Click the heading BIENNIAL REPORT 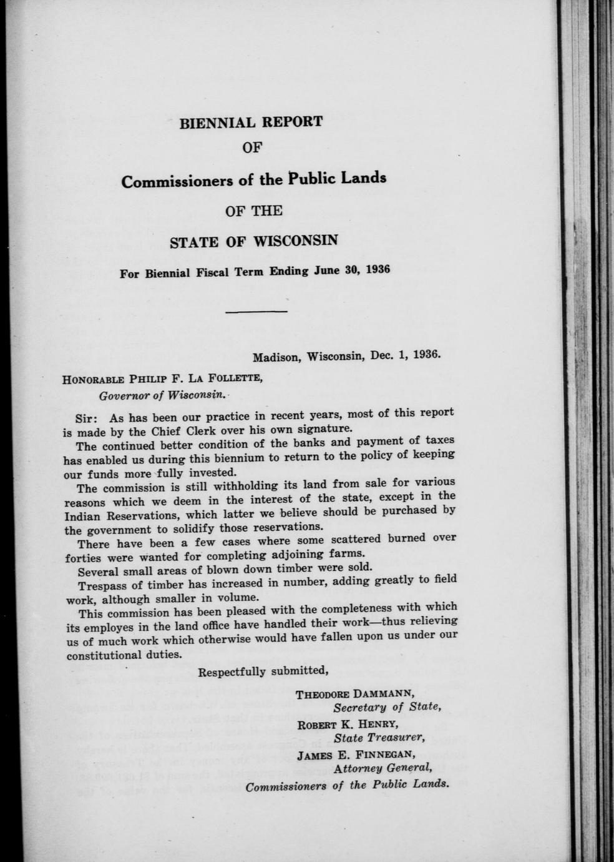(251, 122)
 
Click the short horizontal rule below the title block (256, 311)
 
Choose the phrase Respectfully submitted (263, 672)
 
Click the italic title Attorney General (383, 768)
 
